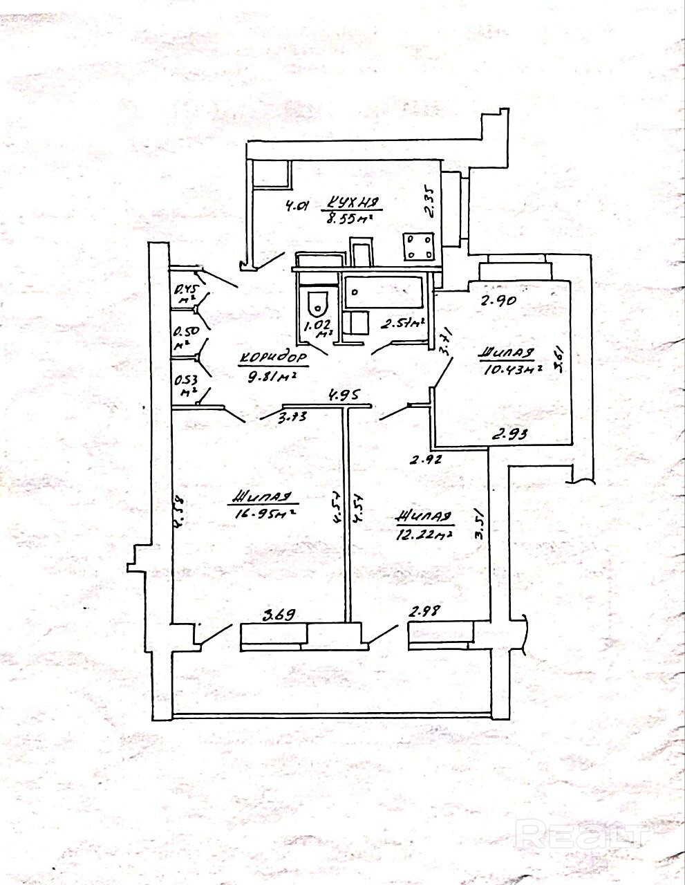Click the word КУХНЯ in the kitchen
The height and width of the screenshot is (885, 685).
(x=352, y=203)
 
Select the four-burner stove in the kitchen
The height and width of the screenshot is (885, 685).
(x=419, y=247)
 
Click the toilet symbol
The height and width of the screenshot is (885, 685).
(x=317, y=300)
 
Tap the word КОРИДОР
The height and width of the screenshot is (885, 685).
(x=274, y=358)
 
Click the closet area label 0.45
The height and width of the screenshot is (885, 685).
(x=185, y=290)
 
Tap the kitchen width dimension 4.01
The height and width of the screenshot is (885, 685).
(x=297, y=205)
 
